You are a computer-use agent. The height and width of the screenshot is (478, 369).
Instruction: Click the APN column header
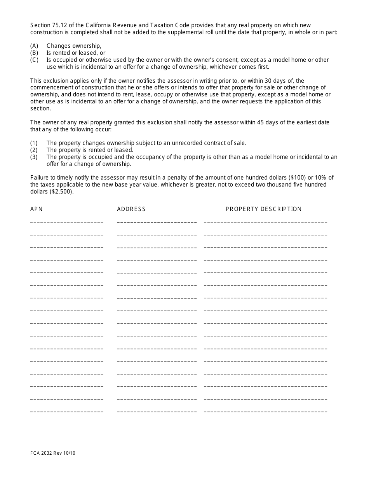click(37, 209)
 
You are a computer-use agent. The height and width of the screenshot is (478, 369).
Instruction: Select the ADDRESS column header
click(131, 209)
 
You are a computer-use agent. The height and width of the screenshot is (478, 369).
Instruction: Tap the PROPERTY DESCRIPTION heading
click(264, 209)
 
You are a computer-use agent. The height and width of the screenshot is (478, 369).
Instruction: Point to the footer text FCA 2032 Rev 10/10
click(53, 453)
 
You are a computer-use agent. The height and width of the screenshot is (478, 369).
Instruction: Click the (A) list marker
click(34, 46)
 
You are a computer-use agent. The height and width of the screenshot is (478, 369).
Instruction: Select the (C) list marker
click(34, 60)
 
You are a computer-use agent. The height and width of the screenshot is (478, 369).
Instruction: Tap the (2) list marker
click(34, 150)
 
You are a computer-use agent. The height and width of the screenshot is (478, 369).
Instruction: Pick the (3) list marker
click(34, 157)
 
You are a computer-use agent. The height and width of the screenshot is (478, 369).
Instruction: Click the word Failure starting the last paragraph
click(40, 178)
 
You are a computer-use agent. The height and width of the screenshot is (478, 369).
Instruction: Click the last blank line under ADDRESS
click(157, 412)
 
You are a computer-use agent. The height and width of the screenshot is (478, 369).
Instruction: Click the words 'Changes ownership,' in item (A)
click(74, 46)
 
